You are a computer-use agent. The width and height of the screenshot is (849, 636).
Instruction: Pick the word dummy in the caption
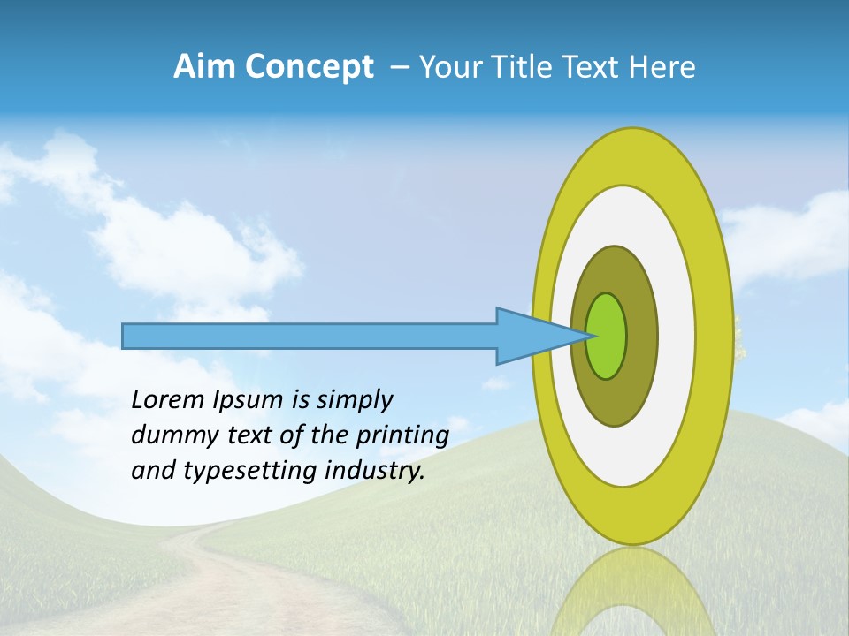click(169, 435)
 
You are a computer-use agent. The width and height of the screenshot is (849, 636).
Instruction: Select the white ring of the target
click(677, 336)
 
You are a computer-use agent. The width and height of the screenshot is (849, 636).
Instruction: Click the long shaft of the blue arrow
click(310, 336)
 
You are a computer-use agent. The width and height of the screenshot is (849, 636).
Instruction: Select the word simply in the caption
click(354, 400)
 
